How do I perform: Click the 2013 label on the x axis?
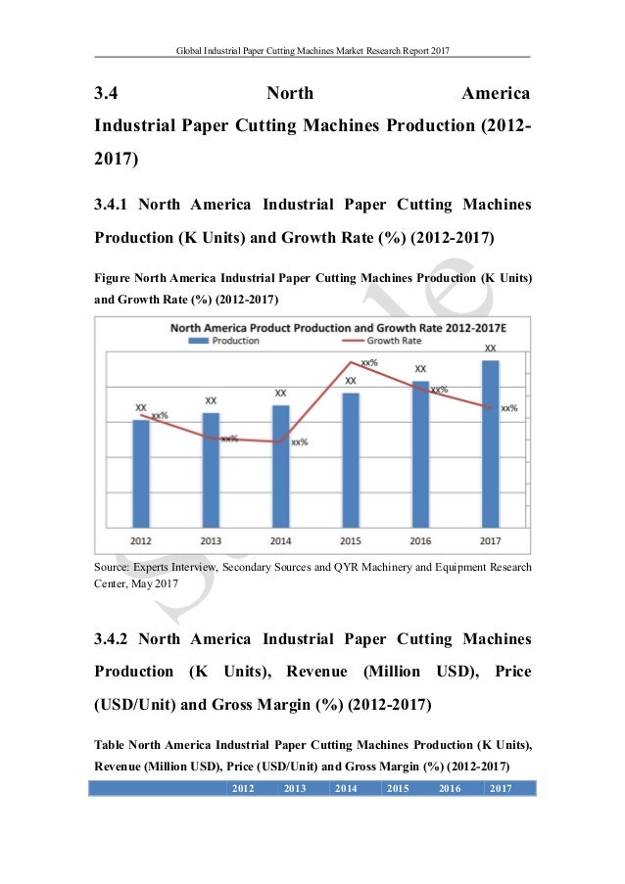(x=211, y=540)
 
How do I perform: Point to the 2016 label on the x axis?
(x=420, y=540)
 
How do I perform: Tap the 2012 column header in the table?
(x=241, y=788)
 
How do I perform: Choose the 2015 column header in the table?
(x=398, y=788)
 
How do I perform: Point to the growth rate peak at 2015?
(x=351, y=363)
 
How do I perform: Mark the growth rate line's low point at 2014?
(x=281, y=442)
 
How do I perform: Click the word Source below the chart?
(x=114, y=567)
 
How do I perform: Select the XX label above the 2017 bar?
(x=491, y=348)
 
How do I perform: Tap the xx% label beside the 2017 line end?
(x=509, y=408)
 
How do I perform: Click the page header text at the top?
(x=312, y=49)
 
